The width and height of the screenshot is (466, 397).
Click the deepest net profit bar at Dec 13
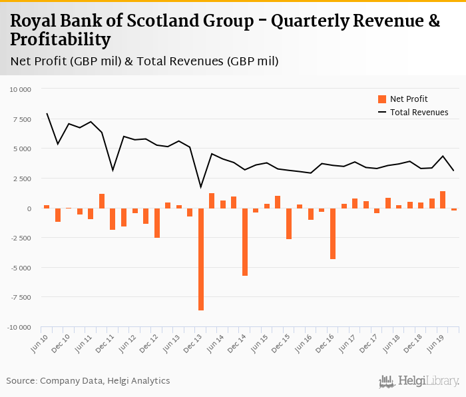pos(201,259)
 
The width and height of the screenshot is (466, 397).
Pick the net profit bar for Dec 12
pos(157,223)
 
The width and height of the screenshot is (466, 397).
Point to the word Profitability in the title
pos(61,40)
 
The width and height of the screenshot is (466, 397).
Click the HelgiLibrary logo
pos(419,382)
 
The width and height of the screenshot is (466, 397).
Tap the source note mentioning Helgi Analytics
pos(88,381)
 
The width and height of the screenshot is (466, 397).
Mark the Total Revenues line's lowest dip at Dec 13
pos(201,187)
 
